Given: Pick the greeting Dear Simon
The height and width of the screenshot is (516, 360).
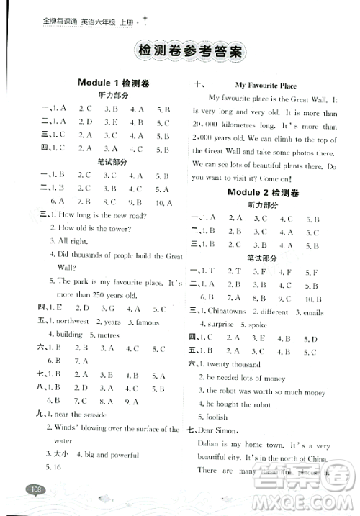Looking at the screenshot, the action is pos(225,431).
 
